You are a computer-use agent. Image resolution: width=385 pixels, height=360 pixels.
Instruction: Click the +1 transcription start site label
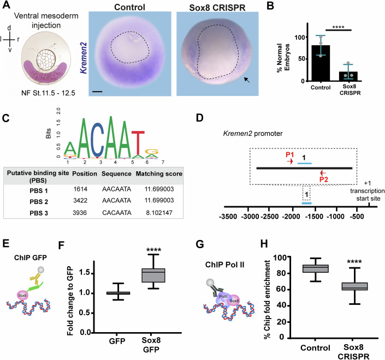point(366,191)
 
